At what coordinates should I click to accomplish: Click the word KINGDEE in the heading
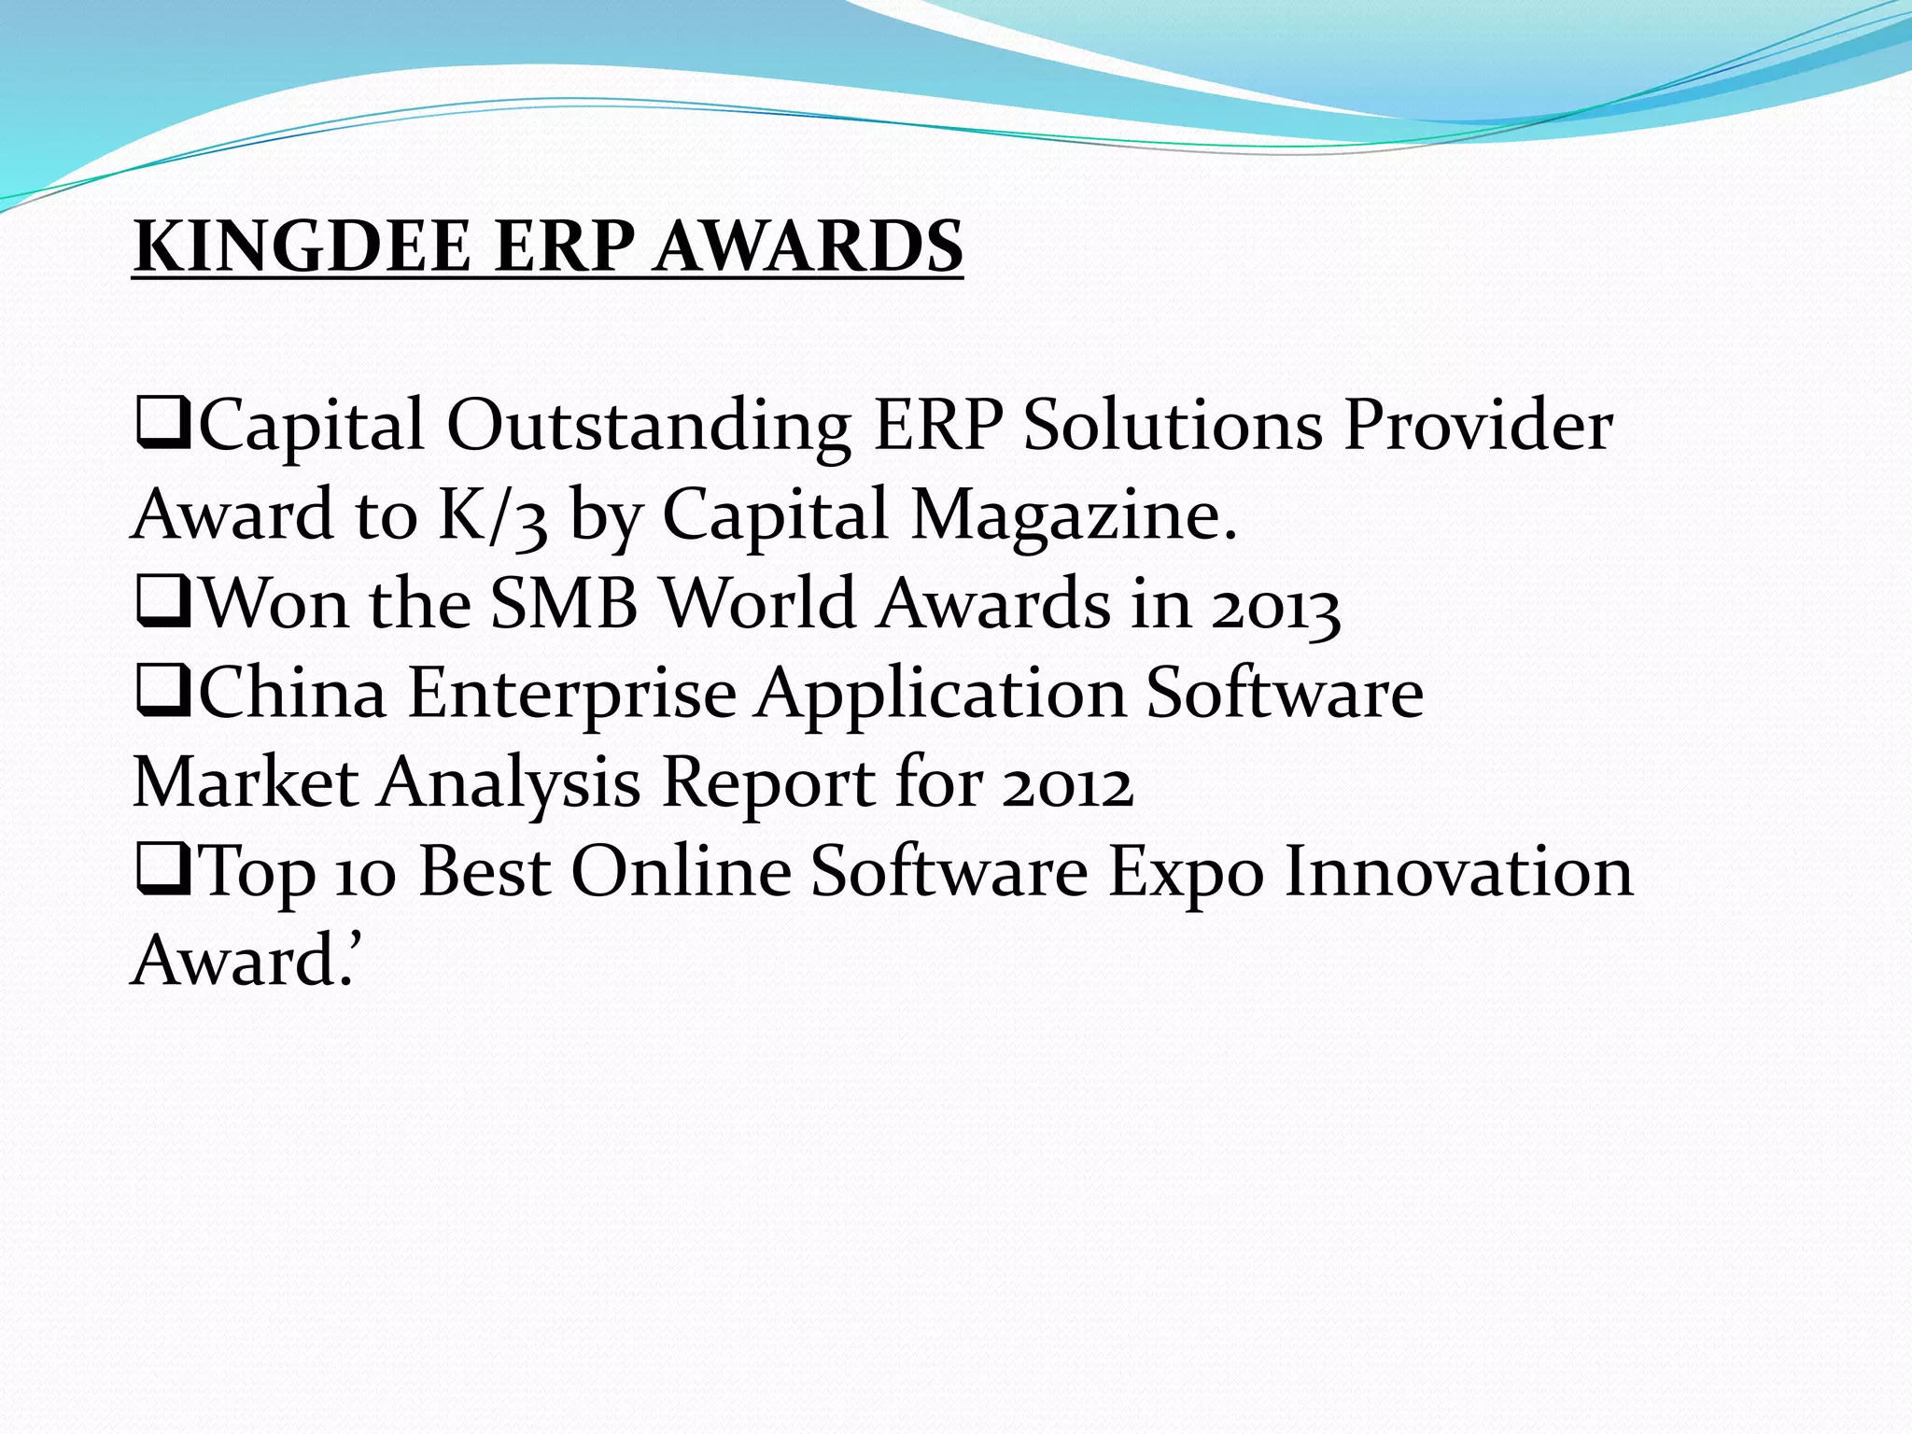point(302,246)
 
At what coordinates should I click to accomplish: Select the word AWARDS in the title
point(808,246)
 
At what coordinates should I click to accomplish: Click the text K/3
point(493,515)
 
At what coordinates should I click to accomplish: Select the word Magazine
point(1074,515)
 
